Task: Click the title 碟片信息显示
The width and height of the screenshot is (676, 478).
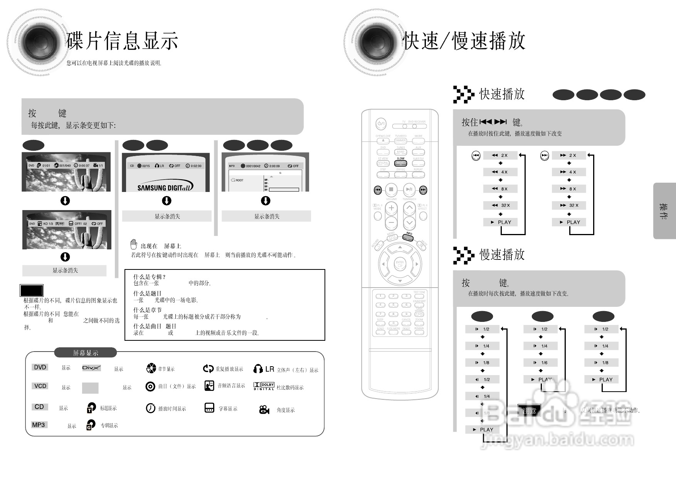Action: coord(122,40)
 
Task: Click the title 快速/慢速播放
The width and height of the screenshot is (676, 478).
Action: coord(464,40)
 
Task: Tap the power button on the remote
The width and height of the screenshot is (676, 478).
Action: coord(381,124)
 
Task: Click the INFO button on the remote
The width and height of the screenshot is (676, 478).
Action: coord(408,237)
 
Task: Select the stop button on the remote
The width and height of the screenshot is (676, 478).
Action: coord(391,189)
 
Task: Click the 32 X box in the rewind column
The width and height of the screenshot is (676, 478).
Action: coord(500,205)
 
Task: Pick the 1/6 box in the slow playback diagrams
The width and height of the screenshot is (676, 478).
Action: coord(540,363)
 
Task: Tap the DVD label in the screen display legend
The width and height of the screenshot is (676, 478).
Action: coord(40,367)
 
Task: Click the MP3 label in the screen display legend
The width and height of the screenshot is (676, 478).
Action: coord(39,425)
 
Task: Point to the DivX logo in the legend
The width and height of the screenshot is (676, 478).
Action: coord(91,368)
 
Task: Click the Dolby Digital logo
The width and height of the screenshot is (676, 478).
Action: coord(264,386)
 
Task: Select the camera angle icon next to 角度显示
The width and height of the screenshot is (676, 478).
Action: coord(264,410)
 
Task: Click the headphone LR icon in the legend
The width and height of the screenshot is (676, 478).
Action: coord(264,369)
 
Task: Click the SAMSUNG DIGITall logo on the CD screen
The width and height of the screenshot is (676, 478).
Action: coord(165,187)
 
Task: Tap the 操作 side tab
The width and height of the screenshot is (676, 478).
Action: coord(664,211)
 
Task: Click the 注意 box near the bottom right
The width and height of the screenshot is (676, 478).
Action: coord(529,411)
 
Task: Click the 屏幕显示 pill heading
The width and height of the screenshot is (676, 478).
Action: coord(86,353)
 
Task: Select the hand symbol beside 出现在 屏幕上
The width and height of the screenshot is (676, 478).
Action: coord(134,244)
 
